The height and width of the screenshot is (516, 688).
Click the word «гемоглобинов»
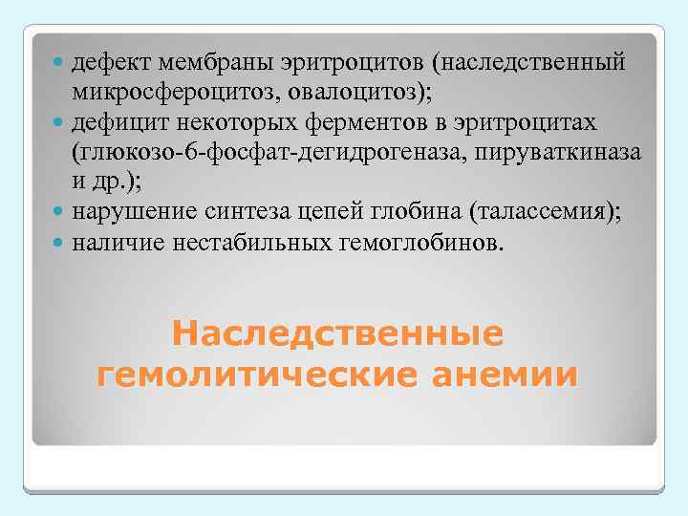413,243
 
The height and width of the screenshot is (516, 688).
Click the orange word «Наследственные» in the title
337,335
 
